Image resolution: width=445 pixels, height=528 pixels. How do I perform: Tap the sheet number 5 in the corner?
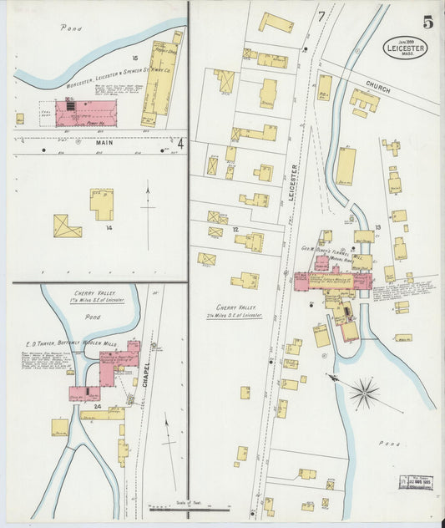pyautogui.click(x=427, y=23)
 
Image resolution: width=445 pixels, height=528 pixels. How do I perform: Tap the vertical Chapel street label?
pyautogui.click(x=147, y=376)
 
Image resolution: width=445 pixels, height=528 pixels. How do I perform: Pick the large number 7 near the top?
pyautogui.click(x=321, y=17)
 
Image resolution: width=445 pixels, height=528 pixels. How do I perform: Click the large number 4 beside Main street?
pyautogui.click(x=180, y=143)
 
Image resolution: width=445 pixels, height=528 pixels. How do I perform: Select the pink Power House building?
pyautogui.click(x=85, y=113)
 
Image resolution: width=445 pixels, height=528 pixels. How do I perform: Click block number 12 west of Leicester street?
pyautogui.click(x=236, y=229)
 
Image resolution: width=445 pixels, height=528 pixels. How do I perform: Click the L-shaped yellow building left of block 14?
pyautogui.click(x=67, y=226)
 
